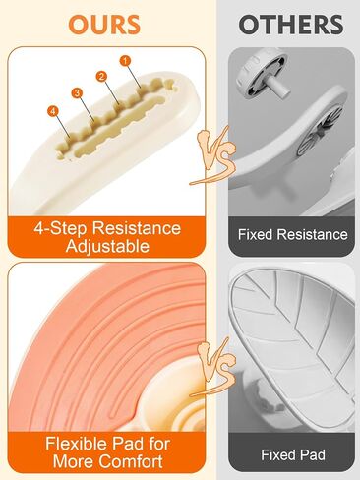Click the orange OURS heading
pyautogui.click(x=104, y=25)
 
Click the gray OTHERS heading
pyautogui.click(x=291, y=25)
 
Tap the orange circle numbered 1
pyautogui.click(x=125, y=61)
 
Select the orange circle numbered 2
pyautogui.click(x=101, y=77)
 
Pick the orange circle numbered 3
pyautogui.click(x=77, y=93)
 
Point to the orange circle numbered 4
pyautogui.click(x=53, y=111)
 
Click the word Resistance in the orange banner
pyautogui.click(x=137, y=228)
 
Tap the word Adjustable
pyautogui.click(x=107, y=246)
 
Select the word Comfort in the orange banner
pyautogui.click(x=131, y=461)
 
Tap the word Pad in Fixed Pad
pyautogui.click(x=312, y=455)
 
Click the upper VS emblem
pyautogui.click(x=213, y=155)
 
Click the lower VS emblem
pyautogui.click(x=213, y=368)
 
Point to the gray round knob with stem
pyautogui.click(x=262, y=76)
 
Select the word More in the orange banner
pyautogui.click(x=74, y=461)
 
